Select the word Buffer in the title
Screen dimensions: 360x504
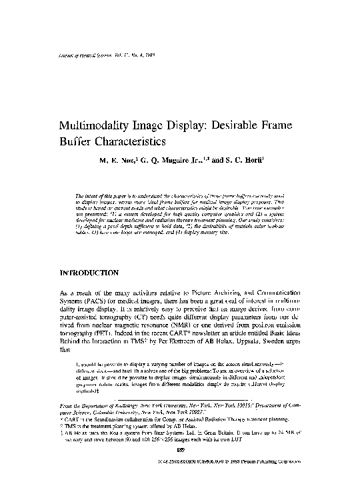pos(79,142)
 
